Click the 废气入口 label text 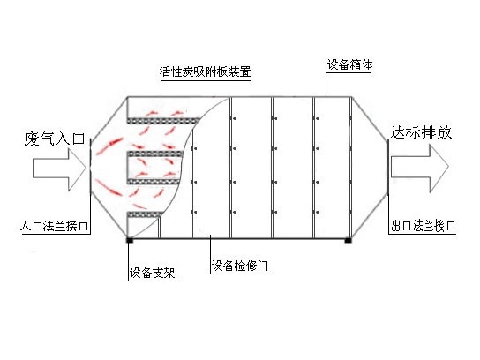(x=55, y=139)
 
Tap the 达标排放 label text (x=421, y=132)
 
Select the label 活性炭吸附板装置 (x=205, y=71)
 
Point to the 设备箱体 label (x=350, y=64)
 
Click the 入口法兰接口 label (x=55, y=226)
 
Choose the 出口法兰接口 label (x=423, y=226)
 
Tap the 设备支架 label (x=152, y=273)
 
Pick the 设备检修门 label (x=240, y=266)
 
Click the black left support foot (x=130, y=240)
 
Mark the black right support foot (x=348, y=240)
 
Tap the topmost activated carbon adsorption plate (x=163, y=121)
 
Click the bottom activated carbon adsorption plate (x=144, y=214)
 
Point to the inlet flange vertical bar (x=90, y=166)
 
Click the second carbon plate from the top (x=155, y=154)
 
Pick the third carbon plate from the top (x=154, y=182)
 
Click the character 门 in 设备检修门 (x=263, y=266)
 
